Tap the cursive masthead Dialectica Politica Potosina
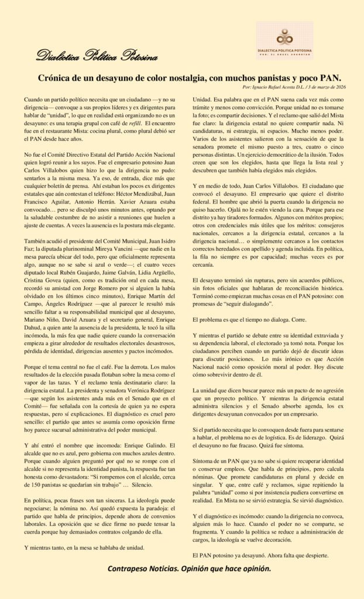tap(97, 56)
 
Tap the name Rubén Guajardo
tap(79, 256)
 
